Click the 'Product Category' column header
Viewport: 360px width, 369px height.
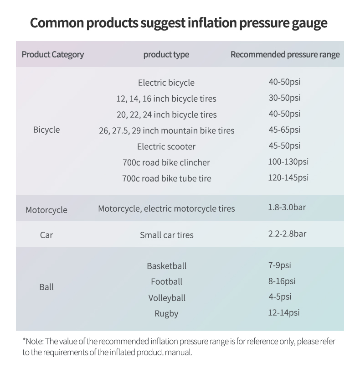click(x=53, y=55)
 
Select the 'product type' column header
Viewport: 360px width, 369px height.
click(x=166, y=55)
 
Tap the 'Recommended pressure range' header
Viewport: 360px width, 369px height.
click(x=285, y=55)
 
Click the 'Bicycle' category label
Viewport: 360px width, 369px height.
click(x=46, y=130)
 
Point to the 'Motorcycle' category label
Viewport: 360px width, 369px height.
click(x=46, y=210)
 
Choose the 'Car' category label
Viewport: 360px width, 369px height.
click(x=46, y=235)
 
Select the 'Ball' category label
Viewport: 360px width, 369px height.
click(x=46, y=287)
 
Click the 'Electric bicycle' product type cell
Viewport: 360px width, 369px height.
click(x=166, y=83)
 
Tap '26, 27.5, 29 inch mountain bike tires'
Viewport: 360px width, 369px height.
click(x=166, y=131)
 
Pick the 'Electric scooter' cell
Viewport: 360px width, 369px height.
click(x=166, y=147)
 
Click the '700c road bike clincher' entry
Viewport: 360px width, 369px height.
click(x=166, y=163)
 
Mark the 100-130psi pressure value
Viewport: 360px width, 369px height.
click(x=288, y=161)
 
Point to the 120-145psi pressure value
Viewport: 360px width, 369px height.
click(x=288, y=177)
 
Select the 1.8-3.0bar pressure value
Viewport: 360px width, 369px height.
click(x=287, y=208)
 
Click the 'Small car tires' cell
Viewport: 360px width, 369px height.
click(x=166, y=235)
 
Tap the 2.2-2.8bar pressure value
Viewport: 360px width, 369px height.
click(x=287, y=234)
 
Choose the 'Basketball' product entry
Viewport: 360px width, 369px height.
click(x=166, y=266)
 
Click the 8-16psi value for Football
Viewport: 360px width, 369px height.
click(x=282, y=281)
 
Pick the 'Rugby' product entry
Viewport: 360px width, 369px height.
click(x=166, y=314)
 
